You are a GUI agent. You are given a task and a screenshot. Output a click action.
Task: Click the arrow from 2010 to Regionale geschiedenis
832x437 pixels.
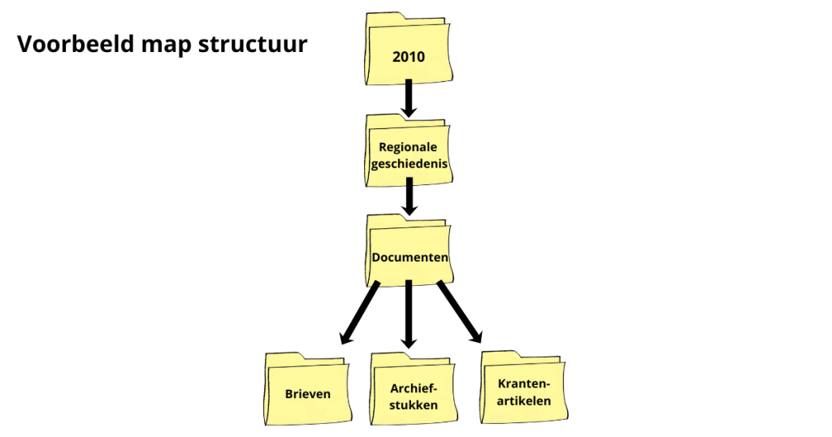[409, 97]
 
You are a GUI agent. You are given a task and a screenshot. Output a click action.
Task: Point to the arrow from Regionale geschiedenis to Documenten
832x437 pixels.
[409, 196]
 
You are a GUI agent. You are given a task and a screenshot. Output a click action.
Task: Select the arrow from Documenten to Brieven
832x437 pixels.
[361, 312]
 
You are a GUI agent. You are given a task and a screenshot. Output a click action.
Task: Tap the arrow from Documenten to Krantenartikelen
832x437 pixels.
[460, 312]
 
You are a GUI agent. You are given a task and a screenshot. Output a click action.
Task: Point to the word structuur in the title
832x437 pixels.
[253, 44]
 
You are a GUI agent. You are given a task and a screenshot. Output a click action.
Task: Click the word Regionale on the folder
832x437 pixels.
[408, 147]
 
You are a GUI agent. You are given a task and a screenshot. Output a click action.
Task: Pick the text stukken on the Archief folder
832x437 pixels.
[414, 405]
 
